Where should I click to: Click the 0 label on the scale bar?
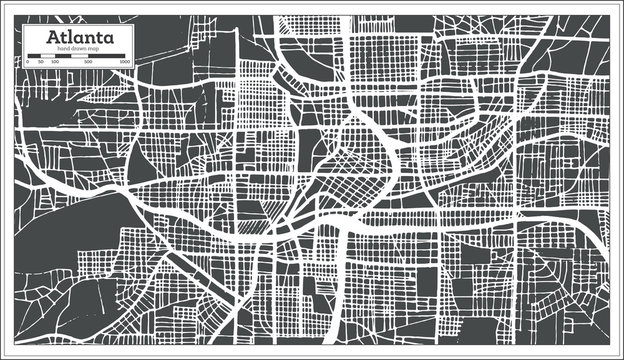click(26, 63)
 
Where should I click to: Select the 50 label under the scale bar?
click(40, 63)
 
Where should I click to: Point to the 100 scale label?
click(56, 63)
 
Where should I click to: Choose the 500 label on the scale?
click(88, 63)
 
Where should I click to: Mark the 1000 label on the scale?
click(123, 63)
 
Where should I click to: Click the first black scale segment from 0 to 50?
click(33, 57)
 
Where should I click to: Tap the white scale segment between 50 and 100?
click(48, 57)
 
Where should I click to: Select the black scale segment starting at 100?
click(63, 57)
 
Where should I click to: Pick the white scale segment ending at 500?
click(80, 57)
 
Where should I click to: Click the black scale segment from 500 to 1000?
click(106, 57)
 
